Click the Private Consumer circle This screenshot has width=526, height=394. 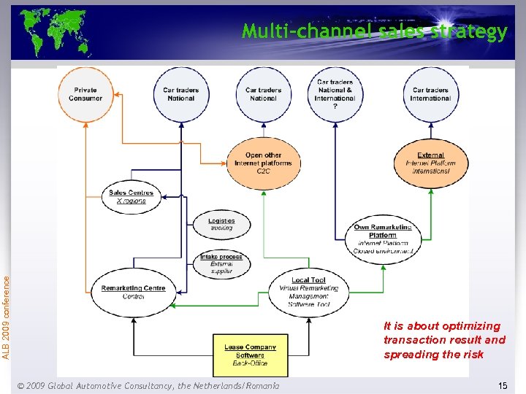(x=85, y=94)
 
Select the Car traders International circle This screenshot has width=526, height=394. (x=431, y=94)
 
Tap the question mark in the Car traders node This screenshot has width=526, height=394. (x=335, y=107)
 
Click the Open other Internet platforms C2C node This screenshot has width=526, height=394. (x=263, y=163)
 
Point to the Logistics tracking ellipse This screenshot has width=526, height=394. (x=221, y=224)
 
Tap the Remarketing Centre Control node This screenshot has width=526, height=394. (x=133, y=292)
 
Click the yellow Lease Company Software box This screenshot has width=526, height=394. (x=251, y=355)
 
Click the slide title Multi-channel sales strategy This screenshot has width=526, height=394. (x=374, y=31)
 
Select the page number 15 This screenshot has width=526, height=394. (x=502, y=385)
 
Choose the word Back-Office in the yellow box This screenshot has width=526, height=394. (x=251, y=363)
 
